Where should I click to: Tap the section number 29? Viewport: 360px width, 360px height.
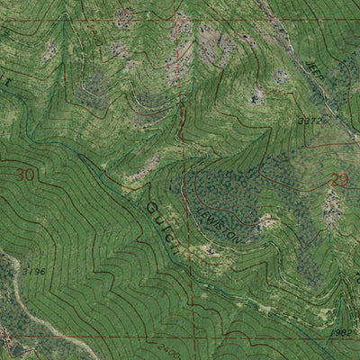[337, 181]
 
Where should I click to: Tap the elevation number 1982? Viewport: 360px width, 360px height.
[341, 332]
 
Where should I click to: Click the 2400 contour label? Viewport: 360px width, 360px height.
[163, 346]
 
